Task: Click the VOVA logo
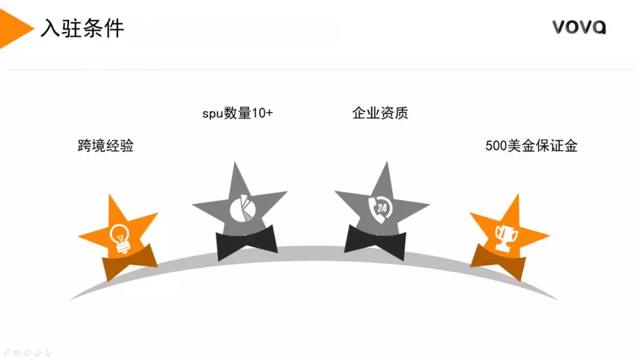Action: (579, 27)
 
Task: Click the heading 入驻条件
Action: (82, 28)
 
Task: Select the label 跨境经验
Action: (105, 146)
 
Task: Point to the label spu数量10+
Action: (238, 113)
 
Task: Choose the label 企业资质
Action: (380, 113)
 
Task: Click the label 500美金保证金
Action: (531, 146)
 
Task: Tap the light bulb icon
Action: (120, 239)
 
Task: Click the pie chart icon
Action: (243, 209)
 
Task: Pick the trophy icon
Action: (506, 237)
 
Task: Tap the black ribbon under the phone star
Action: (375, 243)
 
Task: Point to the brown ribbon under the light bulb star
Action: (130, 262)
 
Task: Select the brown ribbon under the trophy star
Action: (498, 262)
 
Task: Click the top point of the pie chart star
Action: (235, 162)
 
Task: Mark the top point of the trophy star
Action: (518, 194)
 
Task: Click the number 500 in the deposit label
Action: (496, 146)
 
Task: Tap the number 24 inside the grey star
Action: (382, 208)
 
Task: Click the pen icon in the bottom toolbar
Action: (7, 353)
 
